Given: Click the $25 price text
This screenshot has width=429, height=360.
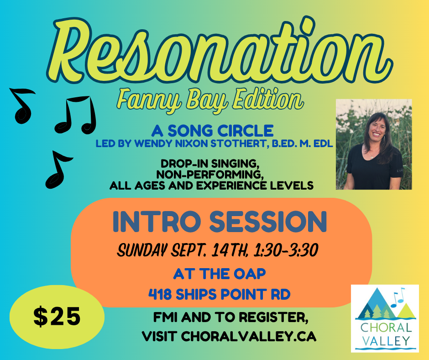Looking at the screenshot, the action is (x=57, y=317).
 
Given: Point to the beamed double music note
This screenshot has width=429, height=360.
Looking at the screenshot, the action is (x=76, y=115).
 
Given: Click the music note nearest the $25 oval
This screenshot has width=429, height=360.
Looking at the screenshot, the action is (x=58, y=169).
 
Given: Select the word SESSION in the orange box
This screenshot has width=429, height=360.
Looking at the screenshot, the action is (x=268, y=222).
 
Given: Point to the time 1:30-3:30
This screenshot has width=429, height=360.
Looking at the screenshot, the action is (x=286, y=250).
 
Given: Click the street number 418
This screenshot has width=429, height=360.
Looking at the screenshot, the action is (x=160, y=295).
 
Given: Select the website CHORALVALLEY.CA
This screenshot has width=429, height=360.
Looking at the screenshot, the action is (x=248, y=336).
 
